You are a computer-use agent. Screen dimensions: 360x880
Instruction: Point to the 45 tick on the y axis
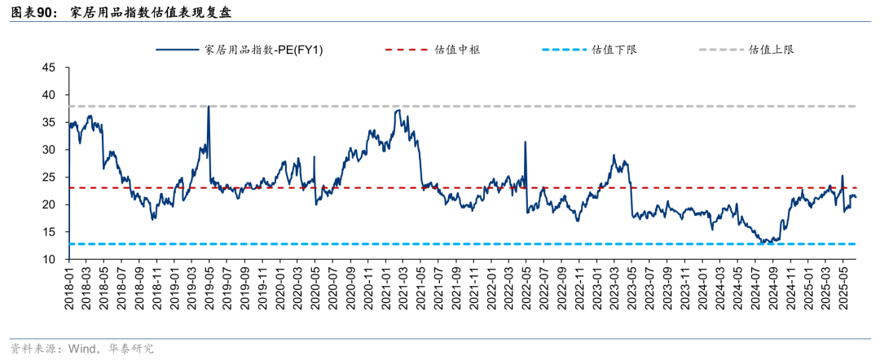click(x=49, y=68)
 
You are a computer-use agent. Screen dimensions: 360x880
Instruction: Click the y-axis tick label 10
click(x=49, y=259)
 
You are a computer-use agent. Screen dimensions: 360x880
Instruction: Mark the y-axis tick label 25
click(x=49, y=177)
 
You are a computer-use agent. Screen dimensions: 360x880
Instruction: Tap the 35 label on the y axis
click(x=49, y=122)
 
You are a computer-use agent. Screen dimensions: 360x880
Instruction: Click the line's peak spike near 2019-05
click(x=209, y=107)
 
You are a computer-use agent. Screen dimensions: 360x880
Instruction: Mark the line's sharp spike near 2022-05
click(x=525, y=143)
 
